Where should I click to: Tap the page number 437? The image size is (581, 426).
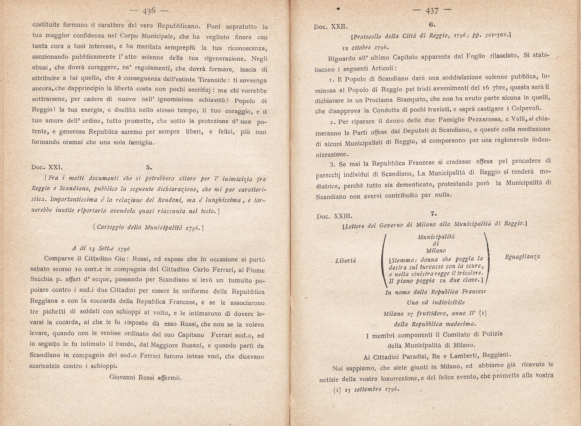point(432,11)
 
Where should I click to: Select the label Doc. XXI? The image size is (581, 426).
point(47,167)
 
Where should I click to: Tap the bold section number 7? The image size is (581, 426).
point(434,214)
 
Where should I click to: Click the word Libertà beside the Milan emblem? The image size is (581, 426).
point(345,261)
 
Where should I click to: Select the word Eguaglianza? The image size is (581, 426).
point(522,257)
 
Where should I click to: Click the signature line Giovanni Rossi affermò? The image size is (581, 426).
point(145,377)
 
